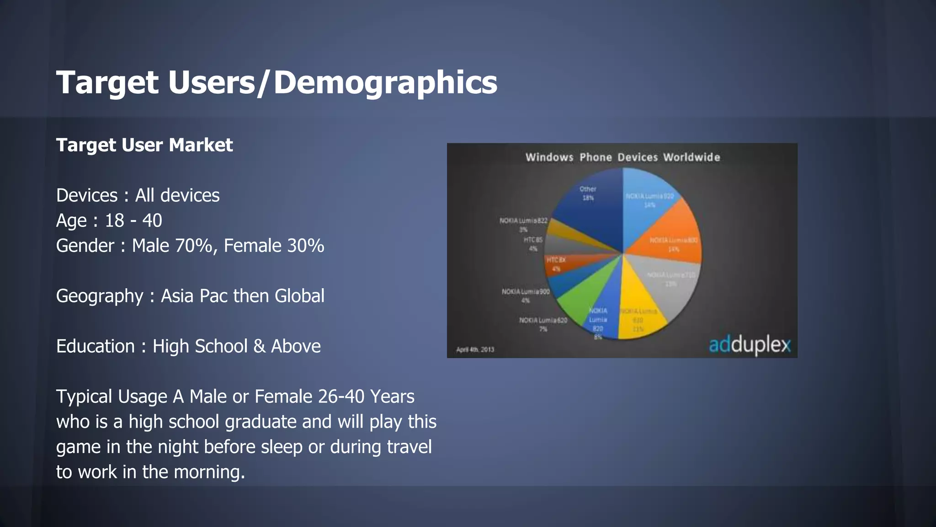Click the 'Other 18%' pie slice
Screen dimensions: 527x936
[x=590, y=206]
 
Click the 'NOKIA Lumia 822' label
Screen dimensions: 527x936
[x=523, y=221]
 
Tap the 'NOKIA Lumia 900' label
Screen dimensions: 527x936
[x=526, y=292]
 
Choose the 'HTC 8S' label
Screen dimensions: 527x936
[x=533, y=240]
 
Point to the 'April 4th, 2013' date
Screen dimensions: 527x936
[x=475, y=350]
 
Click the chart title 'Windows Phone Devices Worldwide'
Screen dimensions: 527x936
[x=622, y=157]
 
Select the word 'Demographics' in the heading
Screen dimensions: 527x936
[x=385, y=83]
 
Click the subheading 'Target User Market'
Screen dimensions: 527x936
[x=144, y=145]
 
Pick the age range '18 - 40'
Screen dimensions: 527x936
[x=133, y=221]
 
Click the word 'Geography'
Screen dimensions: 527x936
[x=100, y=296]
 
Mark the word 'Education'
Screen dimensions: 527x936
[x=96, y=347]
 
